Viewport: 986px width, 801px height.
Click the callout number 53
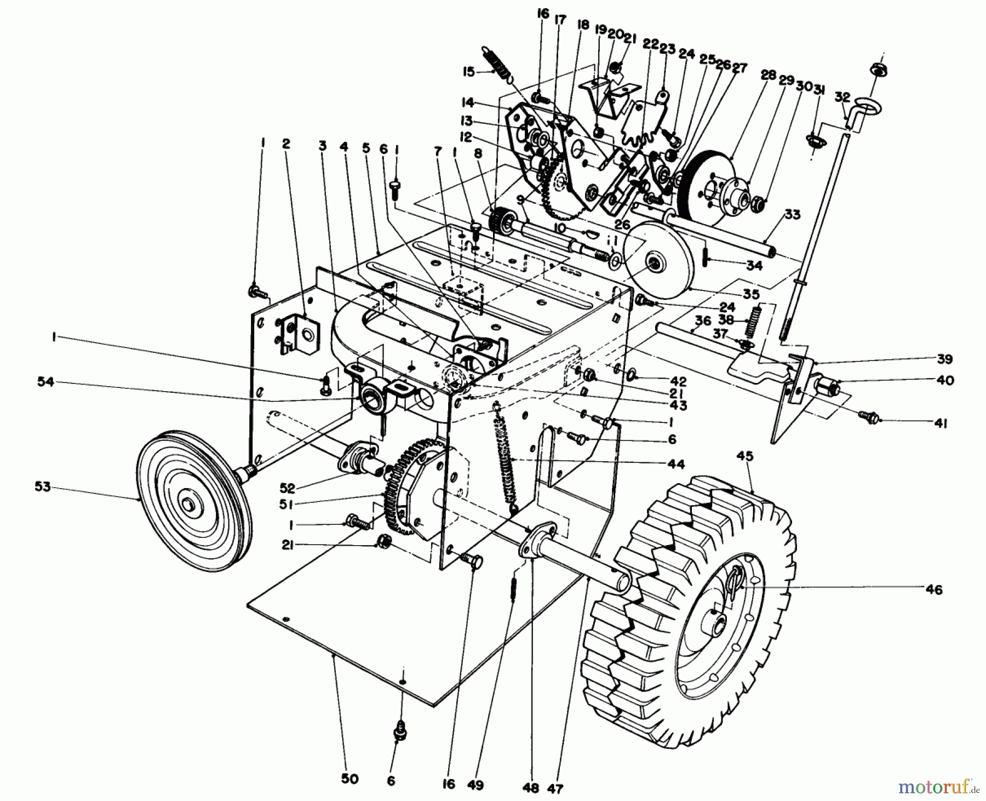click(x=42, y=486)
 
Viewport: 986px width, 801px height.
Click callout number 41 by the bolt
click(x=941, y=424)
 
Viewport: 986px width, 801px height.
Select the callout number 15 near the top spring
click(x=469, y=71)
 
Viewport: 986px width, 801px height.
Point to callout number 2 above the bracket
click(x=285, y=144)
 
